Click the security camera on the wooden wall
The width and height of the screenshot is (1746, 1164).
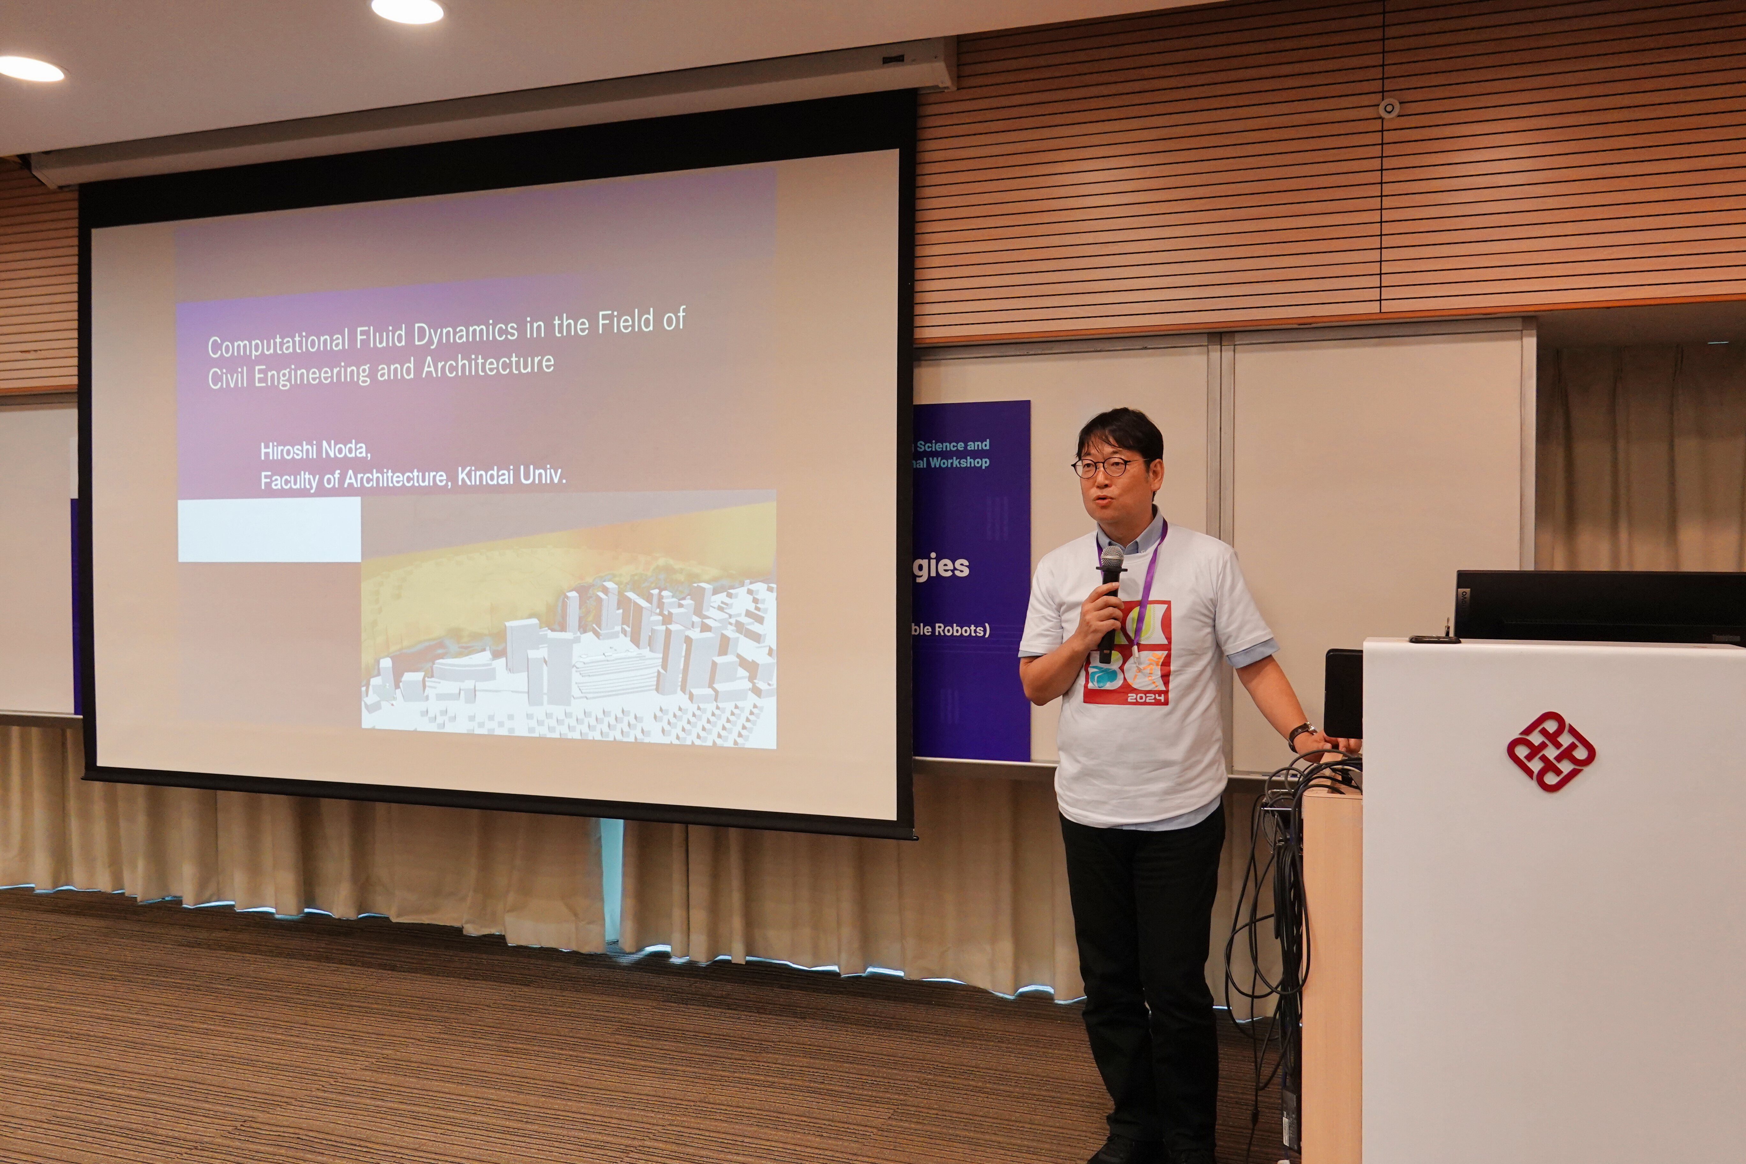click(x=1388, y=108)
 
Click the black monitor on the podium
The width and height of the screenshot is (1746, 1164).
click(x=1596, y=605)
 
